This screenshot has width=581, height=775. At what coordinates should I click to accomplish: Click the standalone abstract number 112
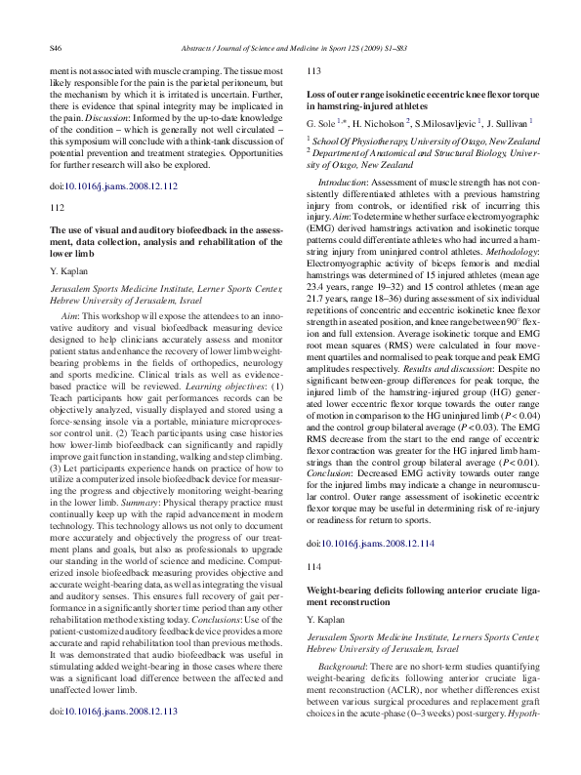57,207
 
